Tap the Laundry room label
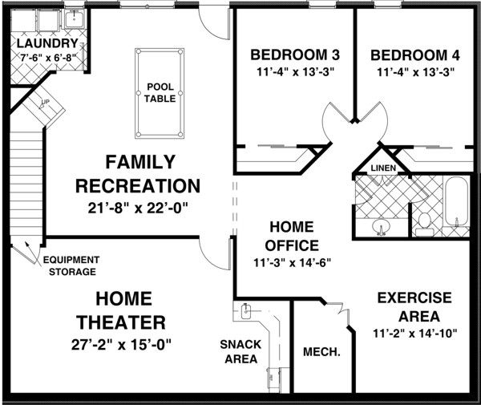click(x=47, y=43)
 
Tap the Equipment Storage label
click(x=71, y=265)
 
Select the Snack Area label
click(x=241, y=351)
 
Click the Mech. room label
click(x=322, y=351)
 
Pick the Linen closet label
click(x=381, y=168)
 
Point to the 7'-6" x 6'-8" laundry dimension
click(x=47, y=58)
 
